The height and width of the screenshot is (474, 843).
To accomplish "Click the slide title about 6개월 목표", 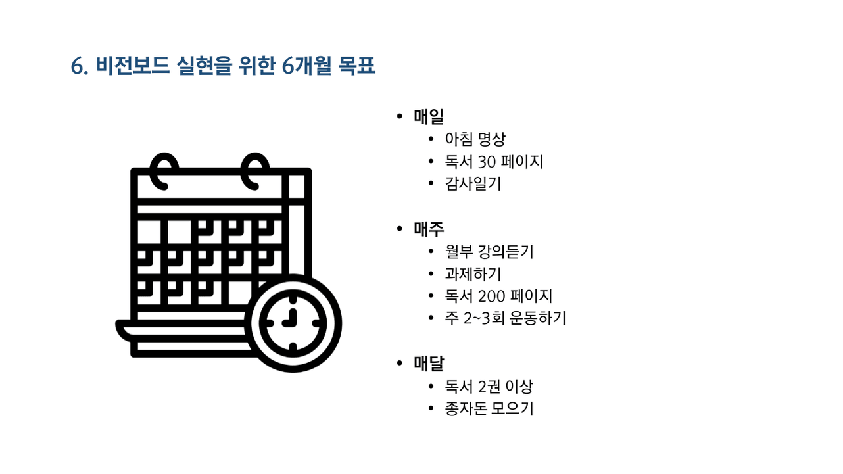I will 223,66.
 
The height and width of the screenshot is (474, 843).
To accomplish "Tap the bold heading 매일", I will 429,117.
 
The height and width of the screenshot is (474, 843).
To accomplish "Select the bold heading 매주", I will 429,229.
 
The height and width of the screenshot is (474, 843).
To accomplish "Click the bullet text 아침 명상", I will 475,139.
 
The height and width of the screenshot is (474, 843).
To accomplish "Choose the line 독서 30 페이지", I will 494,162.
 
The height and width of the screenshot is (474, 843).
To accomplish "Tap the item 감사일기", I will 473,184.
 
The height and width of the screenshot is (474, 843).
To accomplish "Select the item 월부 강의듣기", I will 489,252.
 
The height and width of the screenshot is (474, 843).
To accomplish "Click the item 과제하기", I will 473,274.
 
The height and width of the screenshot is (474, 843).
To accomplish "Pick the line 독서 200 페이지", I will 498,296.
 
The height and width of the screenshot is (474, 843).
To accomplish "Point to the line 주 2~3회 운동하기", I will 505,319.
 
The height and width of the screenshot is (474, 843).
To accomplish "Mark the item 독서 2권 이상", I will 489,387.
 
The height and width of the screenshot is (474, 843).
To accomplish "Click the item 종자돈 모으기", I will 489,409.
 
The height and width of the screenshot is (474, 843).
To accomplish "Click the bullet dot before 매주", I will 399,229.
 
